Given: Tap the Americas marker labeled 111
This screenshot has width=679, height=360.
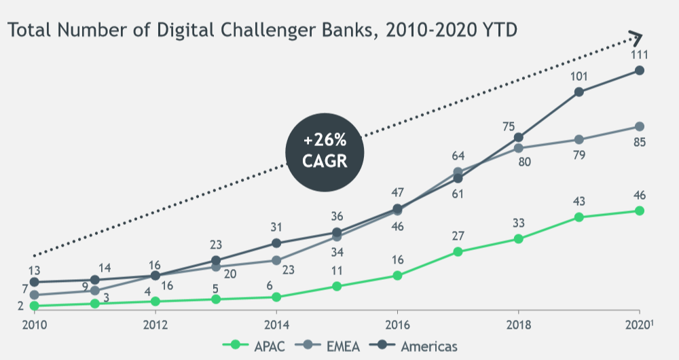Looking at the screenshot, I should (x=640, y=71).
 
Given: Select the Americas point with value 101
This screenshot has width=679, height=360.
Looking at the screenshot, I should (x=579, y=92).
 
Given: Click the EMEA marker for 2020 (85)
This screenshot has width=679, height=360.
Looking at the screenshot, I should (x=640, y=127).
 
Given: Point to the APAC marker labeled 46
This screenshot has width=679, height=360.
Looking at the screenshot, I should (x=640, y=211).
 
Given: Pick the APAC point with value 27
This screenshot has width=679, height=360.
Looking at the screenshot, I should (x=458, y=252).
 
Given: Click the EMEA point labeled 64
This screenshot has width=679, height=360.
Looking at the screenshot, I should (x=458, y=172).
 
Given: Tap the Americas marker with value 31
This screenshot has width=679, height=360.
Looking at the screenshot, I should (x=276, y=243).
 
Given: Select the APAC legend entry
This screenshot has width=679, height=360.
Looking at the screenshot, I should (x=257, y=346).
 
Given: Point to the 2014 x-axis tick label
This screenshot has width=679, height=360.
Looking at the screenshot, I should (x=276, y=324).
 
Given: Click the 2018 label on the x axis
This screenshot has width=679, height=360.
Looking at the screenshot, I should (x=519, y=324).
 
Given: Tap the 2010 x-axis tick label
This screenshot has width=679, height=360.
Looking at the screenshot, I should (x=34, y=324).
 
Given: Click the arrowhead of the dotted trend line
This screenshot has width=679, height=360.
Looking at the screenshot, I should (x=636, y=37).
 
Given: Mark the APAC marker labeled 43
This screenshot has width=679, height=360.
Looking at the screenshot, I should (x=579, y=217).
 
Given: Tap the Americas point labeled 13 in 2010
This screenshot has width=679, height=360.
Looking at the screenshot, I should (x=34, y=282).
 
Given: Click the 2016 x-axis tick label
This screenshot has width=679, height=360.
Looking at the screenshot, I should (x=398, y=324).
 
